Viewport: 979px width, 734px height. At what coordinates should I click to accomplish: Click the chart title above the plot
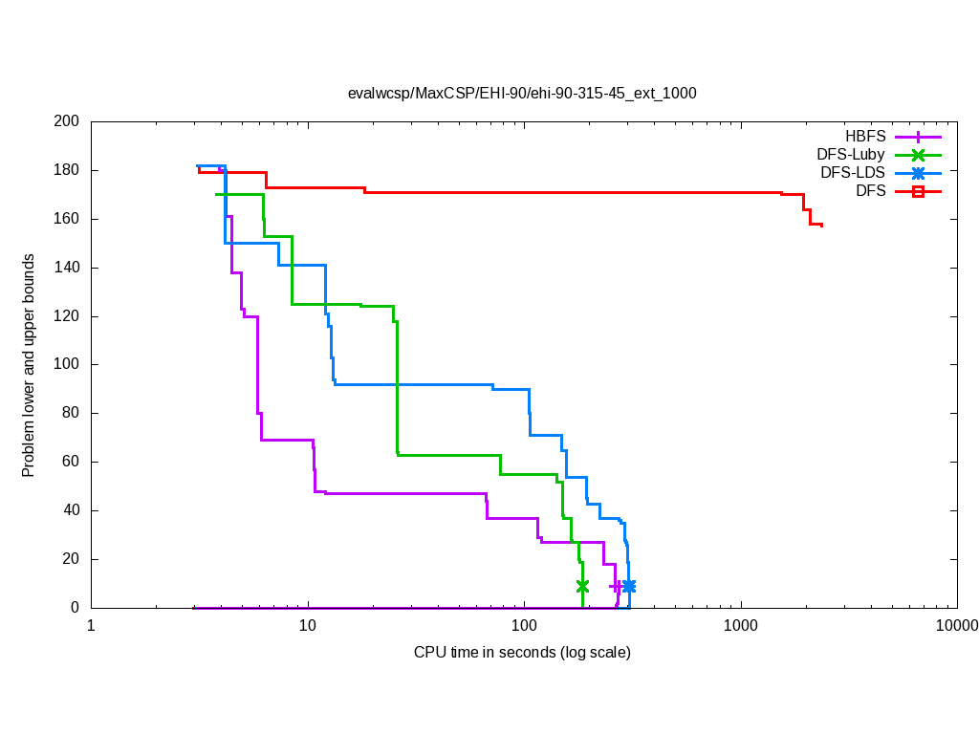coord(522,94)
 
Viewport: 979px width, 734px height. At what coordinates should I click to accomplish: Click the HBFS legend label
coord(865,137)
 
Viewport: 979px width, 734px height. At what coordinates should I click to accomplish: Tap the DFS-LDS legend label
coord(852,173)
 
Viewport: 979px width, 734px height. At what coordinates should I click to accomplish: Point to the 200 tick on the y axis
coord(67,121)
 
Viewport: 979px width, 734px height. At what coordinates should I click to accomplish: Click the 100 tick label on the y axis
coord(67,364)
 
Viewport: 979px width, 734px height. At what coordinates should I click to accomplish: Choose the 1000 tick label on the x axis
coord(741,627)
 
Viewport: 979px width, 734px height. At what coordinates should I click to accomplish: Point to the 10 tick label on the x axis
coord(308,627)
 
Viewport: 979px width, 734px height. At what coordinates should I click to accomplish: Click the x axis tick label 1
coord(92,627)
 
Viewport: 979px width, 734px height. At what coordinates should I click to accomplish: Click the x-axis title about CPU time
coord(522,653)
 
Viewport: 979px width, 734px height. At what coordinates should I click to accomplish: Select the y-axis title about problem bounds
coord(30,365)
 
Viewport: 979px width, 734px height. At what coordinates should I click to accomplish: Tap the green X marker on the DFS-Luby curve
coord(582,586)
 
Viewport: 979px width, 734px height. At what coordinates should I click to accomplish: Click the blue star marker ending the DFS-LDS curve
coord(628,586)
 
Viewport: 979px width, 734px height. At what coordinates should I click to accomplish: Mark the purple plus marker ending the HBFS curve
coord(616,586)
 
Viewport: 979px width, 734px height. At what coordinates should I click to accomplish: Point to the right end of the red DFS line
coord(821,226)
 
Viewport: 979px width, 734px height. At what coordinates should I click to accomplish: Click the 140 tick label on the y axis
coord(67,268)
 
